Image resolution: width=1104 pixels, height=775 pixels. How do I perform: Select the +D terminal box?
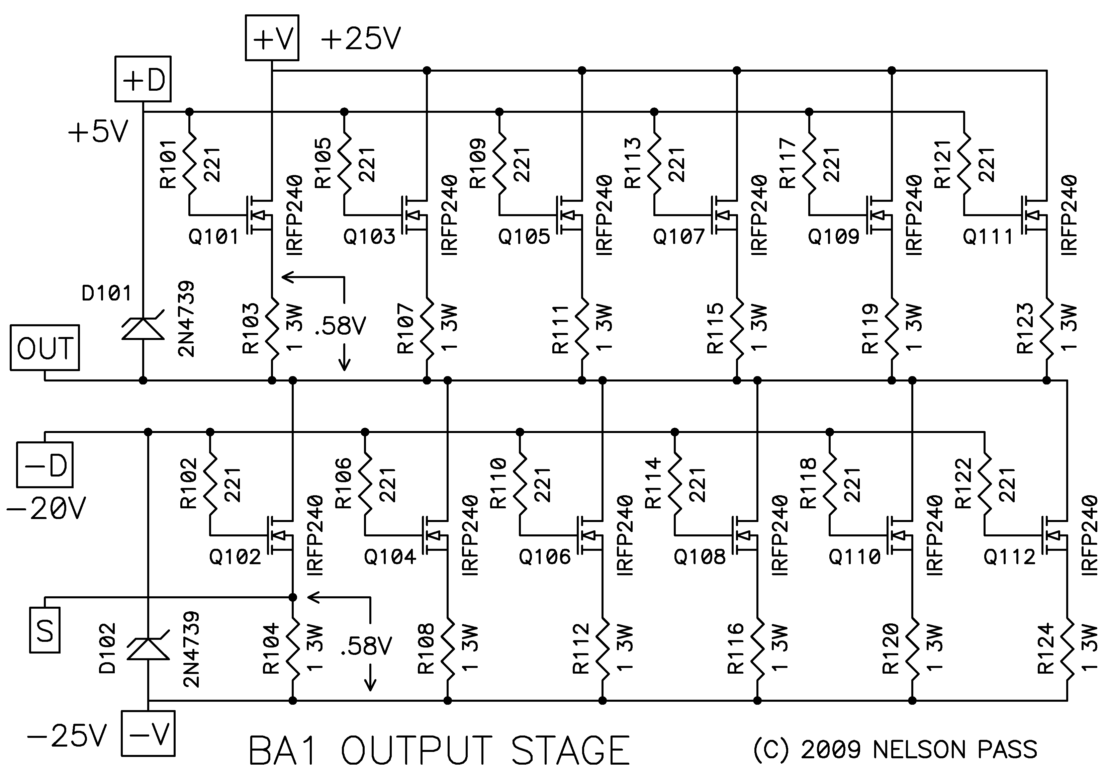point(143,79)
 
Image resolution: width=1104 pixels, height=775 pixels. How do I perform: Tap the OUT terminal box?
point(45,348)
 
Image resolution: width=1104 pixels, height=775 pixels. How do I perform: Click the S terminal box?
point(45,630)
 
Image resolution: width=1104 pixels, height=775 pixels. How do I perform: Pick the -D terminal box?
point(45,465)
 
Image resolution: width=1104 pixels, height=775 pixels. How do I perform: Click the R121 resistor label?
point(943,164)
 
